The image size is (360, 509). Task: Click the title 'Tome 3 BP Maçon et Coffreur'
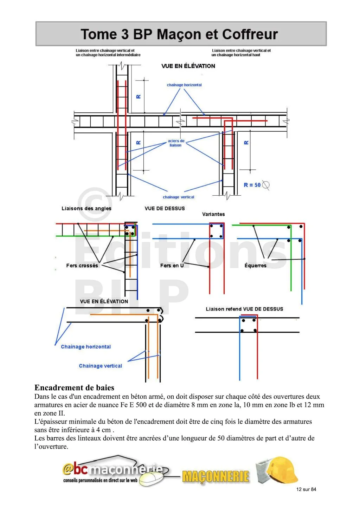click(179, 34)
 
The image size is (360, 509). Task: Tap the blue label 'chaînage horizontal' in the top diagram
click(184, 85)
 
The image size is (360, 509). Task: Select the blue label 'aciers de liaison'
click(176, 143)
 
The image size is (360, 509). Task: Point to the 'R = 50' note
click(252, 185)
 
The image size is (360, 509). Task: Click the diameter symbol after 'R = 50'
click(266, 185)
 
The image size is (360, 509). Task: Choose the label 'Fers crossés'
click(82, 266)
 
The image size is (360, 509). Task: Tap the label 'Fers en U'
click(172, 266)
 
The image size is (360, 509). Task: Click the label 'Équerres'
click(255, 266)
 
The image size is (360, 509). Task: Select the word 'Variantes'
click(213, 214)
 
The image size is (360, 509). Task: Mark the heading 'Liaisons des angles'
click(86, 208)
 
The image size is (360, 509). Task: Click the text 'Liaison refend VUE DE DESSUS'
click(244, 309)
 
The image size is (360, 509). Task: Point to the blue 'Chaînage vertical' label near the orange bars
click(101, 366)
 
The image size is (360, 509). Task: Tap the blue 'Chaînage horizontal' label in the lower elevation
click(86, 347)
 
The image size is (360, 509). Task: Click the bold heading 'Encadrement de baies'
click(74, 388)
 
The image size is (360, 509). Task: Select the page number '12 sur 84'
click(306, 489)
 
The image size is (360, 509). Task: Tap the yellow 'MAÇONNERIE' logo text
click(216, 477)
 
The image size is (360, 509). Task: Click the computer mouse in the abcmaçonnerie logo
click(151, 479)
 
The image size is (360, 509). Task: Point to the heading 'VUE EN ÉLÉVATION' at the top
click(188, 66)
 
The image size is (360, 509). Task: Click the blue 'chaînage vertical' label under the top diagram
click(179, 197)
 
